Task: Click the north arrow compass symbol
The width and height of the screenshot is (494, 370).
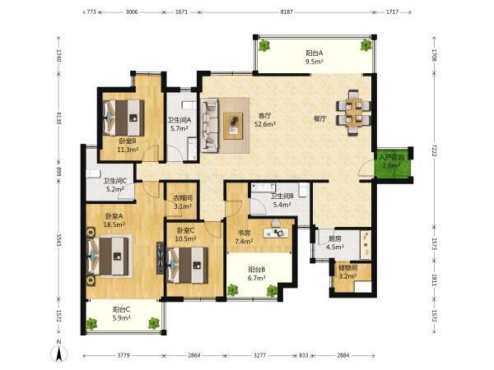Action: tap(59, 354)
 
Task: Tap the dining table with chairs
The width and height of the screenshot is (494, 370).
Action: tap(353, 113)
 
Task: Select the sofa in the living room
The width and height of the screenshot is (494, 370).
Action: tap(209, 125)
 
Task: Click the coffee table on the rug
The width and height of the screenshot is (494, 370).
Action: tap(233, 126)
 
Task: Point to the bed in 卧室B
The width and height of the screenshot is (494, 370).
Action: tap(123, 118)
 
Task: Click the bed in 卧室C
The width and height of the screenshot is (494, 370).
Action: tap(188, 265)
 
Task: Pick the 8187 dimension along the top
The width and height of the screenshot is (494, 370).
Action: tap(287, 12)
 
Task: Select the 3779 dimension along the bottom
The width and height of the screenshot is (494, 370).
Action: tap(123, 355)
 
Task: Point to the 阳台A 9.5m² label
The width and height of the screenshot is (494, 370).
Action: tap(315, 58)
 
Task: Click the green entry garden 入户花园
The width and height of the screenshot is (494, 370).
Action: tap(392, 163)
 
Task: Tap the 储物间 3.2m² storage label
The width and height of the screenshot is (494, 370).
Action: tap(347, 272)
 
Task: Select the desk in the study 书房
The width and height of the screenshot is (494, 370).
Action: tap(276, 233)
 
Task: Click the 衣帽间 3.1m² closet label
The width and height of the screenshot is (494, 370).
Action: tap(183, 202)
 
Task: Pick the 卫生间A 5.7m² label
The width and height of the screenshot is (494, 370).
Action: tap(179, 124)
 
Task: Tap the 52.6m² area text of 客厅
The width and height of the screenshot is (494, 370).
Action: tap(265, 124)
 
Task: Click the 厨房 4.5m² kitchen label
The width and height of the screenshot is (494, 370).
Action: tap(334, 243)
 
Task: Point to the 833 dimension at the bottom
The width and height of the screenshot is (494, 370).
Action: tap(303, 355)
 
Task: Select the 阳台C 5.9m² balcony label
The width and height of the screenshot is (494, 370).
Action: tap(122, 314)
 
